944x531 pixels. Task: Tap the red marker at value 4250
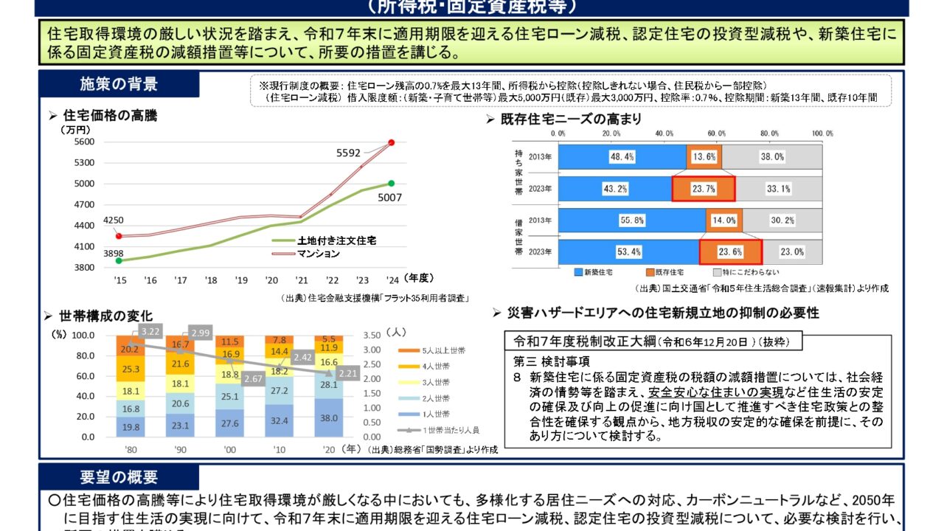tap(119, 236)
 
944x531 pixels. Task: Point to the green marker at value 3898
tap(119, 260)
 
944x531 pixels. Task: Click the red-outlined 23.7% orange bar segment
tap(704, 189)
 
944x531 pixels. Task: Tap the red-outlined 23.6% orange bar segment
tap(730, 252)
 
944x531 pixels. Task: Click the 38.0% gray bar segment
tap(771, 157)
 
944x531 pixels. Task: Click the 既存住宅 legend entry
tap(670, 273)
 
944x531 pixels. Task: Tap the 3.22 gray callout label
tap(150, 332)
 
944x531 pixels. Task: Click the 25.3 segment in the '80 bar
tap(131, 368)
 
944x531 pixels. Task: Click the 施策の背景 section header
tap(118, 84)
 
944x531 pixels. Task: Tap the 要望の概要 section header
tap(118, 477)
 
